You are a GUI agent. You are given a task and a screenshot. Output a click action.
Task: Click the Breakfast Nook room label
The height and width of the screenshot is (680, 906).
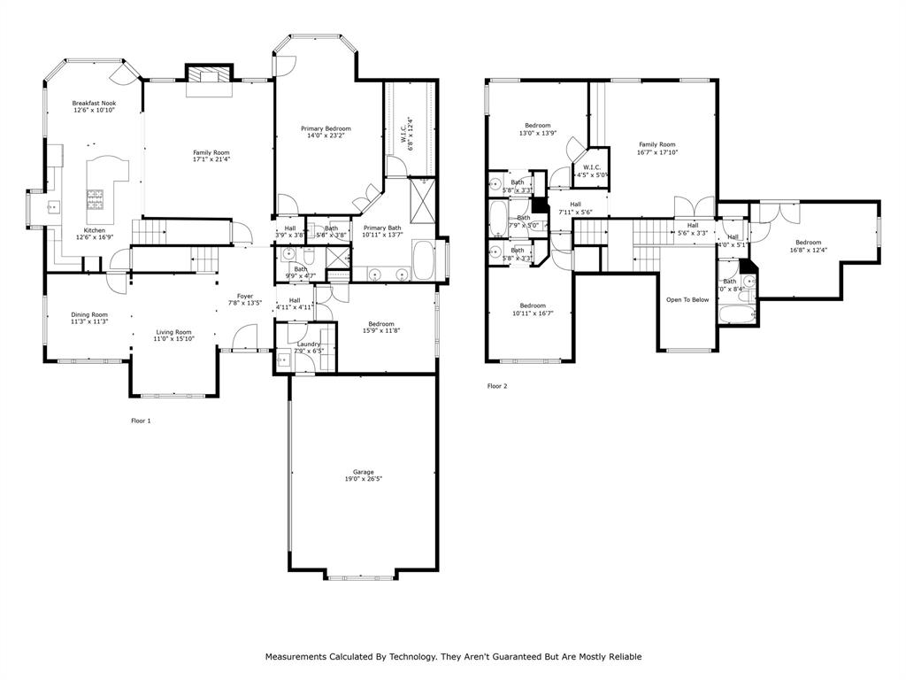[94, 103]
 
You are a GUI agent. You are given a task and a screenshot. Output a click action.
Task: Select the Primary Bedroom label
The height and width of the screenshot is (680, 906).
[326, 128]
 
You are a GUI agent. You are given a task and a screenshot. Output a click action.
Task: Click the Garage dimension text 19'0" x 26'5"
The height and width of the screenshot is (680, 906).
[363, 478]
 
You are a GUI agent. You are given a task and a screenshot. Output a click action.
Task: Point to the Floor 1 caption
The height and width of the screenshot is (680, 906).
[141, 421]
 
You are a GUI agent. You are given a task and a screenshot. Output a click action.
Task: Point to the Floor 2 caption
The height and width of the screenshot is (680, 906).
[497, 386]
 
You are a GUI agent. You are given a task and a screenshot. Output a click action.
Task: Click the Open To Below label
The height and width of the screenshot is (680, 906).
[687, 300]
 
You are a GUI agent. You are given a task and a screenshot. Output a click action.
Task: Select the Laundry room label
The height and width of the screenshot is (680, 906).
[309, 344]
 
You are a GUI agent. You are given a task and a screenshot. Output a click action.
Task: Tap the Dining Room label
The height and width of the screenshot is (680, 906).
[89, 314]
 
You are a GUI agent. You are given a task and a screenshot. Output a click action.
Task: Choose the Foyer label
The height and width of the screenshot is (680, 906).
[245, 296]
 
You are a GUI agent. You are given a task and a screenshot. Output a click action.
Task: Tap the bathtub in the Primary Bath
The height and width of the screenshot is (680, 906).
[424, 259]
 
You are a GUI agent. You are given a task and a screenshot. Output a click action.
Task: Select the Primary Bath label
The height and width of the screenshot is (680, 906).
[381, 228]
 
